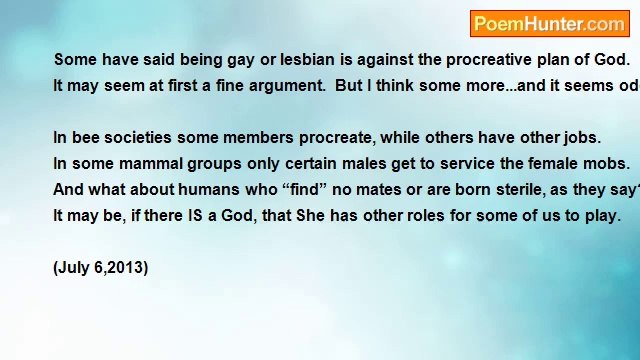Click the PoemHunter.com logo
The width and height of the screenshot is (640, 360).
click(548, 24)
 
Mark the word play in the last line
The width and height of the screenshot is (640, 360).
click(602, 215)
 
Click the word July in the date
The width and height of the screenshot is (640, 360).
click(76, 267)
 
